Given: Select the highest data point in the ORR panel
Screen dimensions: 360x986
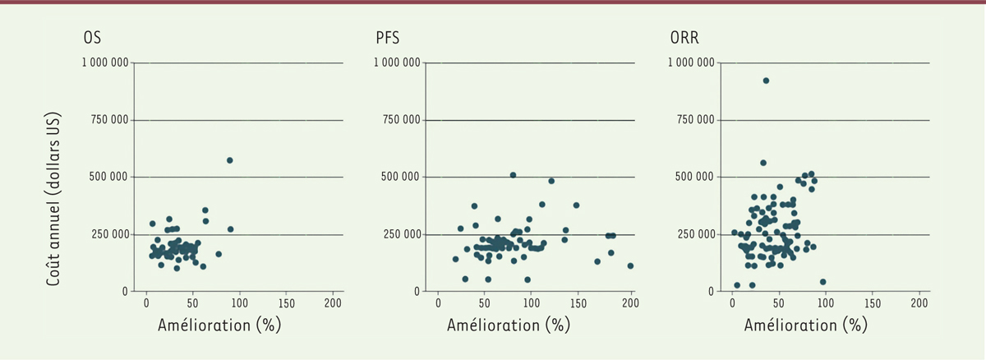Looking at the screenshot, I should pyautogui.click(x=766, y=81).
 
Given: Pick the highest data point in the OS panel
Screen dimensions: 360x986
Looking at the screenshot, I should pyautogui.click(x=230, y=160).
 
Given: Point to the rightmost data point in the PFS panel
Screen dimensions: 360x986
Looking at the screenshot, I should pyautogui.click(x=630, y=266).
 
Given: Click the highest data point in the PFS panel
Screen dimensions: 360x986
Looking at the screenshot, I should pyautogui.click(x=513, y=175).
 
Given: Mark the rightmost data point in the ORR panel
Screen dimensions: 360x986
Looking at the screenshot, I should pyautogui.click(x=823, y=282).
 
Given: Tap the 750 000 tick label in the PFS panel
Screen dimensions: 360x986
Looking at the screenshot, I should pyautogui.click(x=402, y=121).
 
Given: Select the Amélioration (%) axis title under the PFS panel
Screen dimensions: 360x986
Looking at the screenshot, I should pyautogui.click(x=508, y=325).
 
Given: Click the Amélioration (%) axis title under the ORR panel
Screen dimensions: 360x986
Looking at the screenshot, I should pyautogui.click(x=805, y=325).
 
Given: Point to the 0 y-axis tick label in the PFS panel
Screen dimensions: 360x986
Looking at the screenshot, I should pyautogui.click(x=418, y=292).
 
